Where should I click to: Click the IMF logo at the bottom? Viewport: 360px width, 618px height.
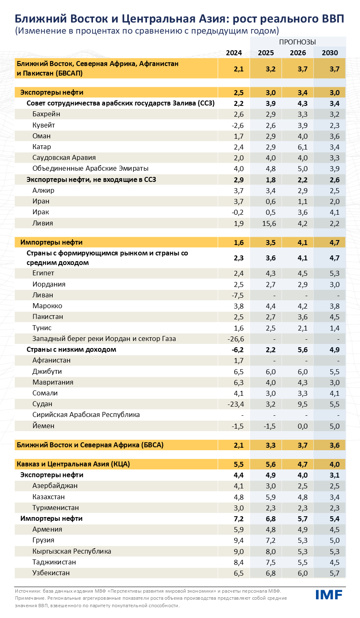pyautogui.click(x=329, y=594)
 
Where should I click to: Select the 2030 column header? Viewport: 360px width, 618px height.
pyautogui.click(x=330, y=53)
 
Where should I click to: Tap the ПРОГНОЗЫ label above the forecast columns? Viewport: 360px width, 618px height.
pyautogui.click(x=297, y=42)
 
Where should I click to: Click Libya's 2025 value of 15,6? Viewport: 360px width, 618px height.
pyautogui.click(x=269, y=223)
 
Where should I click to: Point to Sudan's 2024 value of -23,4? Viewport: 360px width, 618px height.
pyautogui.click(x=236, y=404)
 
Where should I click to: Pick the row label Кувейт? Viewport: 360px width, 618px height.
pyautogui.click(x=44, y=125)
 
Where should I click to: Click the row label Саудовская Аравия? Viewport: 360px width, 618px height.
pyautogui.click(x=64, y=158)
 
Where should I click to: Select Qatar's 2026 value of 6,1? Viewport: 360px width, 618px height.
pyautogui.click(x=302, y=147)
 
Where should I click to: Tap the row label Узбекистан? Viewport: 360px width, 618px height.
pyautogui.click(x=51, y=573)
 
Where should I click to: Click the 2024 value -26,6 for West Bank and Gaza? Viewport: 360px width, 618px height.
pyautogui.click(x=236, y=339)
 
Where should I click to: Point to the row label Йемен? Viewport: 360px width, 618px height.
pyautogui.click(x=43, y=426)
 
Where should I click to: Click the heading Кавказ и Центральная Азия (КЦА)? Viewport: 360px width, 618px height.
pyautogui.click(x=73, y=464)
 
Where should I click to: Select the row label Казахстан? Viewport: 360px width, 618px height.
pyautogui.click(x=49, y=497)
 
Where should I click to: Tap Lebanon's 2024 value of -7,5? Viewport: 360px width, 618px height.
pyautogui.click(x=237, y=295)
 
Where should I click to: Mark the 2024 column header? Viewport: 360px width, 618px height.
pyautogui.click(x=234, y=53)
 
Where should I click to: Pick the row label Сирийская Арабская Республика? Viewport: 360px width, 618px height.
pyautogui.click(x=86, y=415)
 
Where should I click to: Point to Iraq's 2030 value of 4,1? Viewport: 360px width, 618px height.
pyautogui.click(x=334, y=212)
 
